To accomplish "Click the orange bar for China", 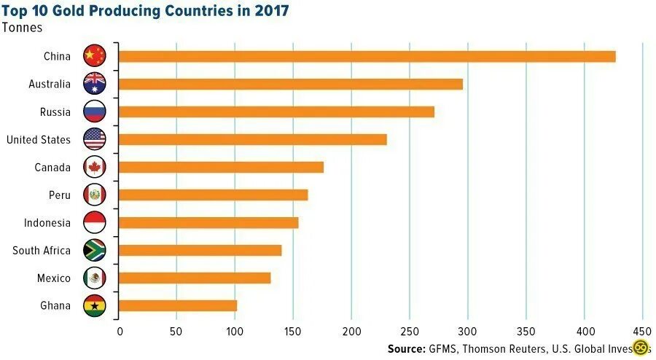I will point(367,56).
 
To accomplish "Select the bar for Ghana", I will point(177,305).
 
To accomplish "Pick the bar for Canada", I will point(220,167).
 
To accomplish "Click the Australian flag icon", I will point(95,84).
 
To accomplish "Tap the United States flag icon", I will point(95,139).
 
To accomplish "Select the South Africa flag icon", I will point(95,250).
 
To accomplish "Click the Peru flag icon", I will point(95,195).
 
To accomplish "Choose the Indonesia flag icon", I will point(95,222).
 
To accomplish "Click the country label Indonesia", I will point(47,223).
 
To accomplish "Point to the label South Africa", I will point(42,251).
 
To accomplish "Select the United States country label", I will point(39,140).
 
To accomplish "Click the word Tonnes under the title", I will point(22,28).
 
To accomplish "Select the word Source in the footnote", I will point(406,348).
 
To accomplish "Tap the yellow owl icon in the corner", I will point(641,348).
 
